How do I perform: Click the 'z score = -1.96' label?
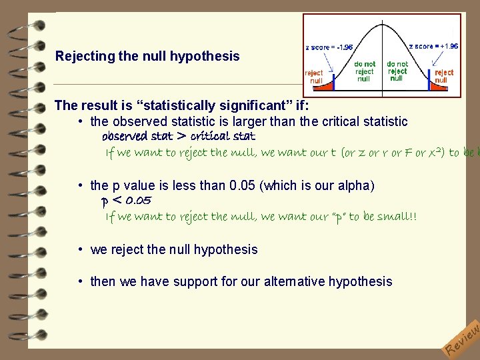tap(329, 47)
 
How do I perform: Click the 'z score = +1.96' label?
tap(433, 46)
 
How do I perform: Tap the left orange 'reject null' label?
tap(314, 76)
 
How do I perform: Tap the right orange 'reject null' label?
tap(444, 76)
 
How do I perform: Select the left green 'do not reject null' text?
tap(364, 71)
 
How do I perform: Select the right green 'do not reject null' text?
tap(397, 71)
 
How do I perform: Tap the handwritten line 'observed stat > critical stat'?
tap(178, 136)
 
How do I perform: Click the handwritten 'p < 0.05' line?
tap(126, 200)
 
